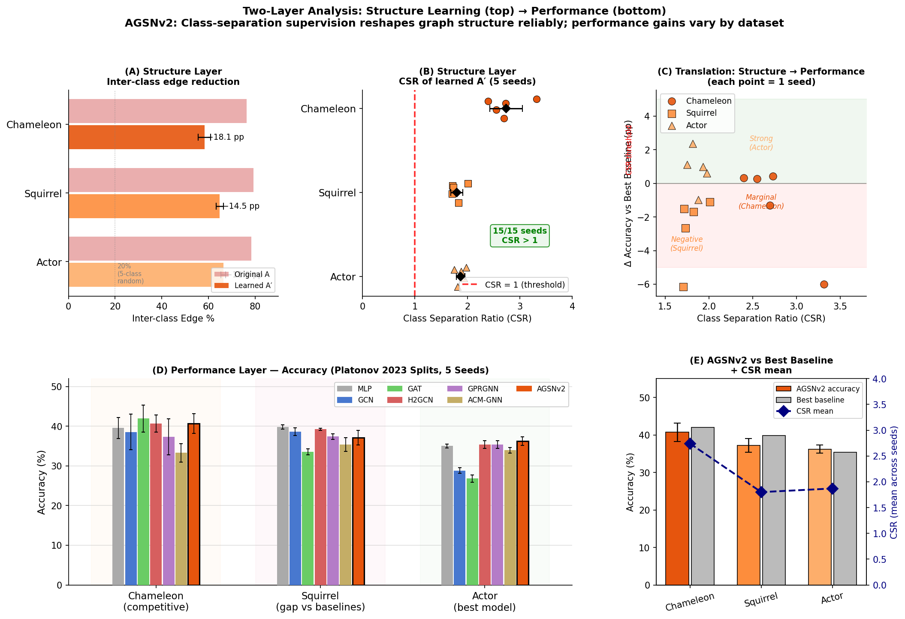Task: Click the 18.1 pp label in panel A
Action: click(x=229, y=137)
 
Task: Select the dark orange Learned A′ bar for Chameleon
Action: click(x=136, y=137)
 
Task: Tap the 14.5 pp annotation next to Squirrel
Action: click(x=244, y=206)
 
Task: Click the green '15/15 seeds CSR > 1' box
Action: click(x=519, y=236)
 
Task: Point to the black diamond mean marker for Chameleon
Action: click(x=506, y=108)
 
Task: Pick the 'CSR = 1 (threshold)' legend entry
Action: click(x=515, y=285)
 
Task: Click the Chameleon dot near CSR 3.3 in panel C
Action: click(x=824, y=284)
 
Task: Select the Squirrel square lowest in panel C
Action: click(x=683, y=287)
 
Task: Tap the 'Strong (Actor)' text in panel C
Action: click(x=761, y=143)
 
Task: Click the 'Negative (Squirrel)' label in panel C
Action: click(x=687, y=244)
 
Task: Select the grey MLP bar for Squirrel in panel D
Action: click(x=283, y=506)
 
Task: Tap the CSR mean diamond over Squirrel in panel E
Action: click(x=761, y=492)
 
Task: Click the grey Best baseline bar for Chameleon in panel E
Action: click(x=703, y=506)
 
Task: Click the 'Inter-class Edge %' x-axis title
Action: click(x=173, y=319)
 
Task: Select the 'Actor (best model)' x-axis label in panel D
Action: click(x=485, y=601)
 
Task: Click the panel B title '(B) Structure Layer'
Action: click(x=467, y=72)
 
